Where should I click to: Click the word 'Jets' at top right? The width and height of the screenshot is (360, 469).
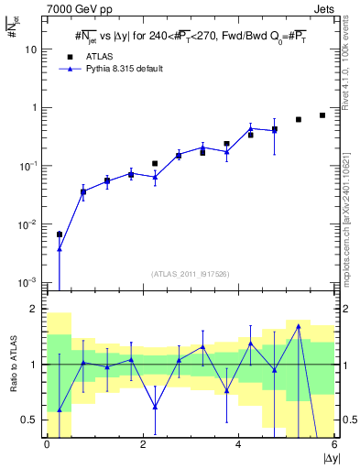(x=323, y=9)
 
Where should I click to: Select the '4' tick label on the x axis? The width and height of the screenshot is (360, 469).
(x=238, y=445)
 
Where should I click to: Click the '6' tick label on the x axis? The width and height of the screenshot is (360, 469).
(x=334, y=445)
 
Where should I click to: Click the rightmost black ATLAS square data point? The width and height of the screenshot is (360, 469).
(x=322, y=115)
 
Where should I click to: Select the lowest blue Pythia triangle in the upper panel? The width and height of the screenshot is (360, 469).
(x=60, y=248)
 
